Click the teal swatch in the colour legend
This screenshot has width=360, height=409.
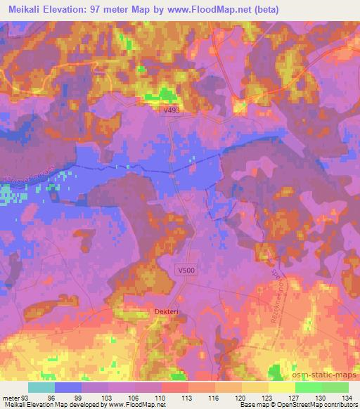coord(41,387)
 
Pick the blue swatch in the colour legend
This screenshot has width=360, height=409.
coord(68,387)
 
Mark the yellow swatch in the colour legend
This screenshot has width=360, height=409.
coord(282,387)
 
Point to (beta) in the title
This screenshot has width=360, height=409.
coord(265,9)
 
